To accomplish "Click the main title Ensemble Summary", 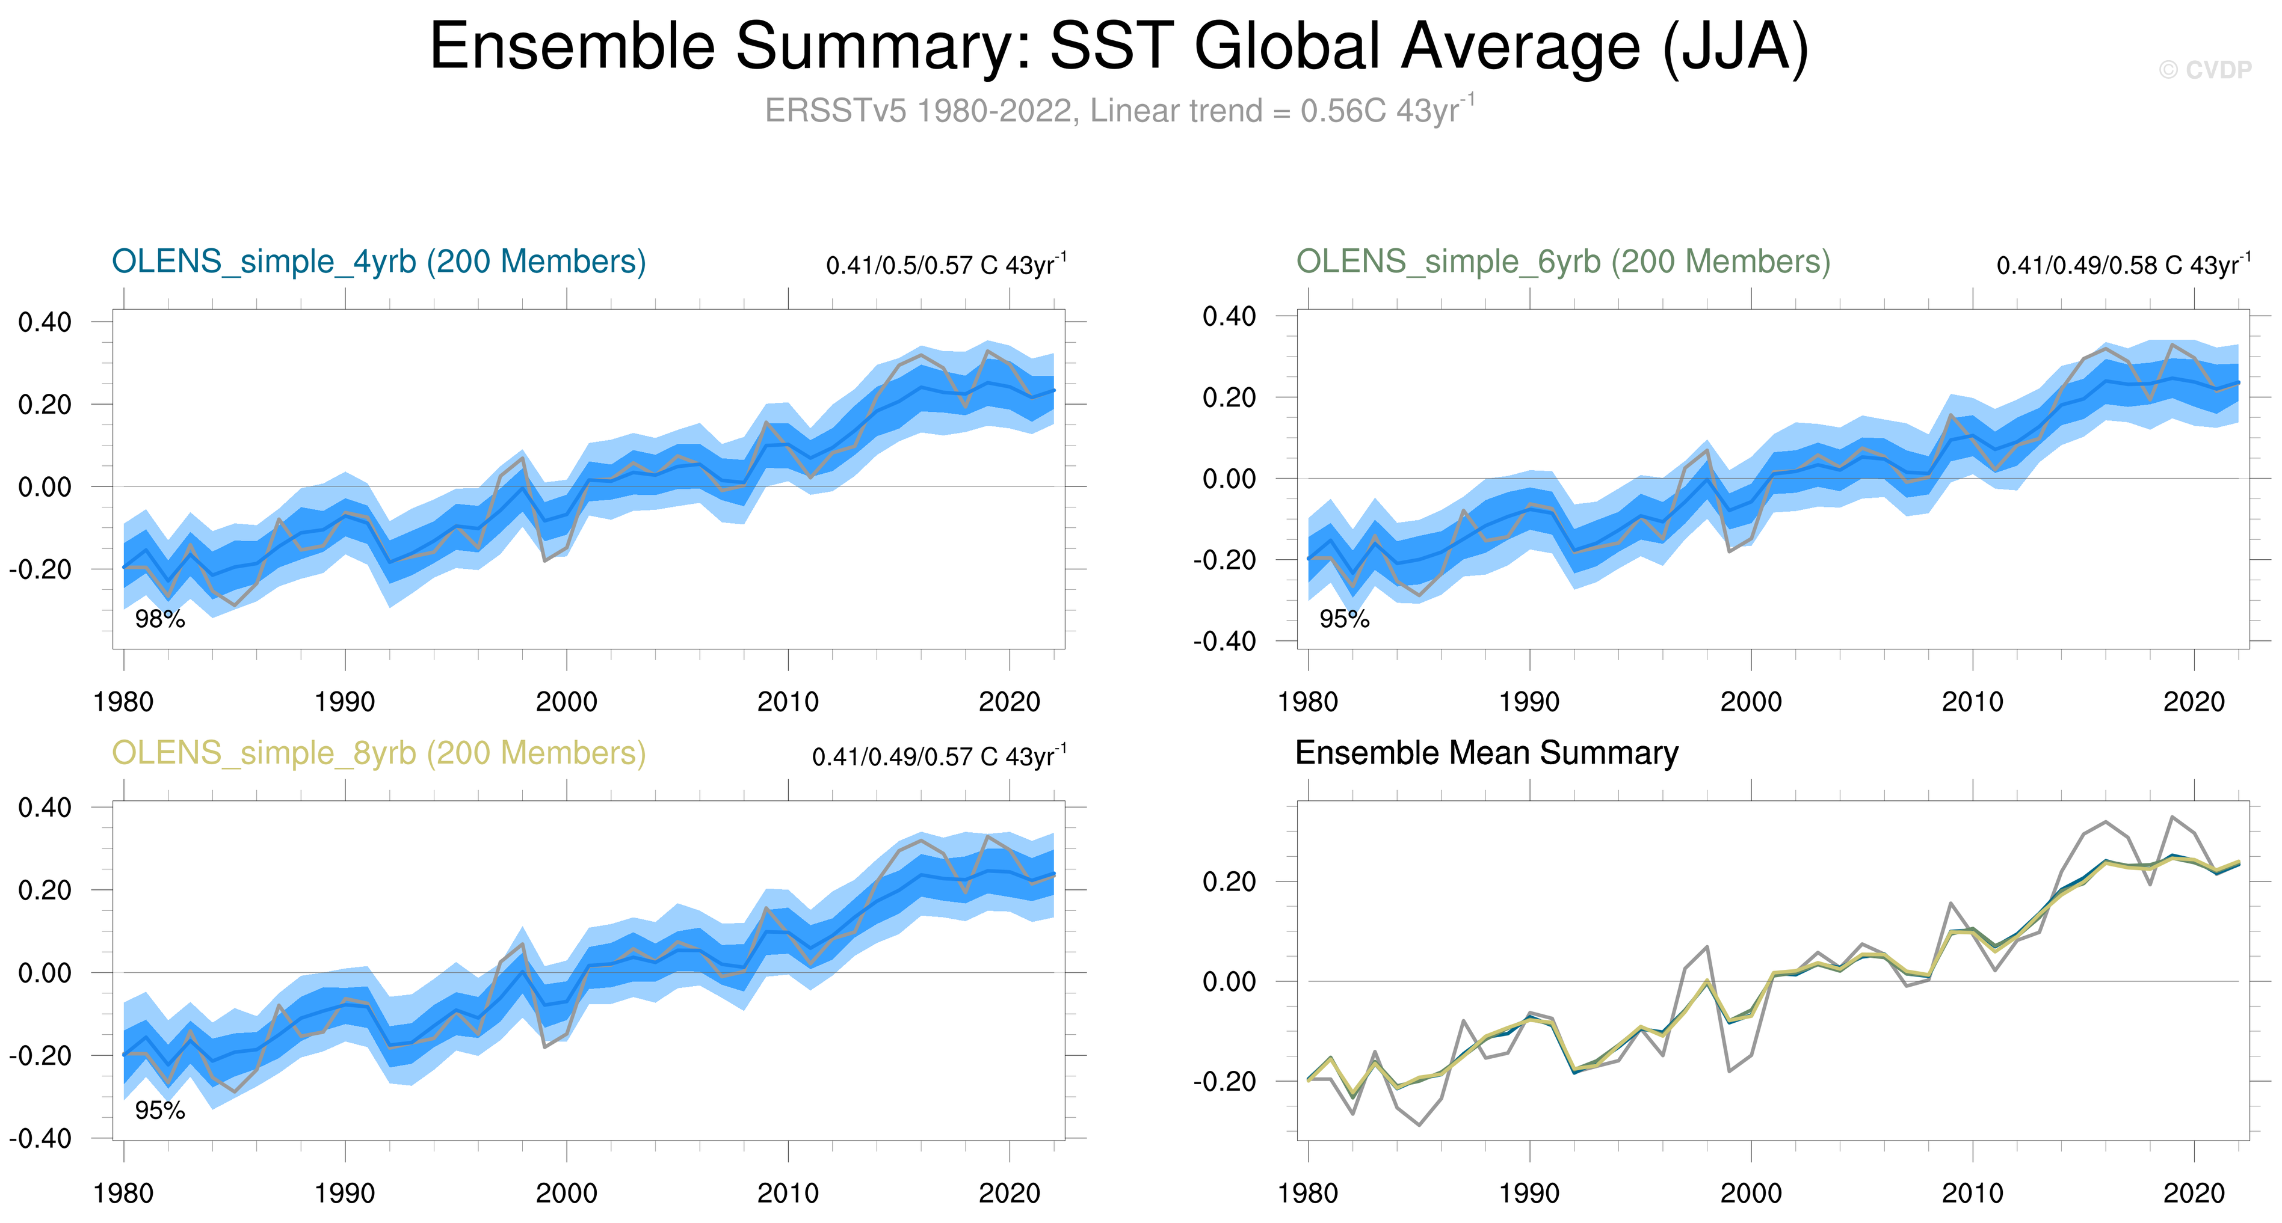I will point(1118,46).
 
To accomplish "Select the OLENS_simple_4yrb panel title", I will point(378,262).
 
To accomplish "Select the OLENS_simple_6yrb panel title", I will point(1562,262).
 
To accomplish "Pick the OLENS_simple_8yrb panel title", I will point(378,753).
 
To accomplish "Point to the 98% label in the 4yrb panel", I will point(159,620).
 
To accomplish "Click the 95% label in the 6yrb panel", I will point(1344,620).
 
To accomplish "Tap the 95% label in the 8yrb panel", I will point(159,1111).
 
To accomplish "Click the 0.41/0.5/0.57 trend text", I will point(945,265).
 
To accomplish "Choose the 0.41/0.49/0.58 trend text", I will point(2123,265).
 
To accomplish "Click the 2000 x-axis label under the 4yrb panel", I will point(566,702).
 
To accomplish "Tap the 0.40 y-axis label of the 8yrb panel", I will point(45,808).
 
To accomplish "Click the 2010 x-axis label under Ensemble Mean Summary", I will point(1972,1194).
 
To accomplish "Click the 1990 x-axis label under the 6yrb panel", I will point(1529,702).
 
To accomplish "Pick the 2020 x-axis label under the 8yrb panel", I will point(1009,1194).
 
